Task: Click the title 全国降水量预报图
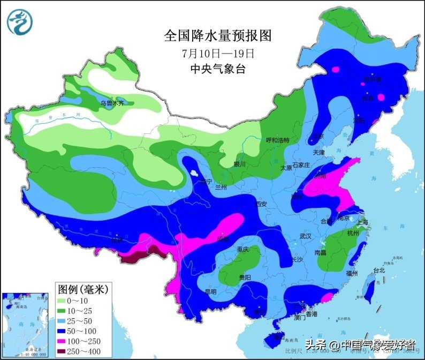coord(217,36)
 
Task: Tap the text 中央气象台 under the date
coord(217,69)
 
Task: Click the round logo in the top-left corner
coord(20,22)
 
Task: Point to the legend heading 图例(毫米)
coord(83,290)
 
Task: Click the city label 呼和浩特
coord(277,140)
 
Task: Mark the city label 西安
coord(261,204)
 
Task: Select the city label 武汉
coord(306,236)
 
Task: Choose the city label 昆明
coord(210,292)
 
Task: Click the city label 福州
coord(352,273)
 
